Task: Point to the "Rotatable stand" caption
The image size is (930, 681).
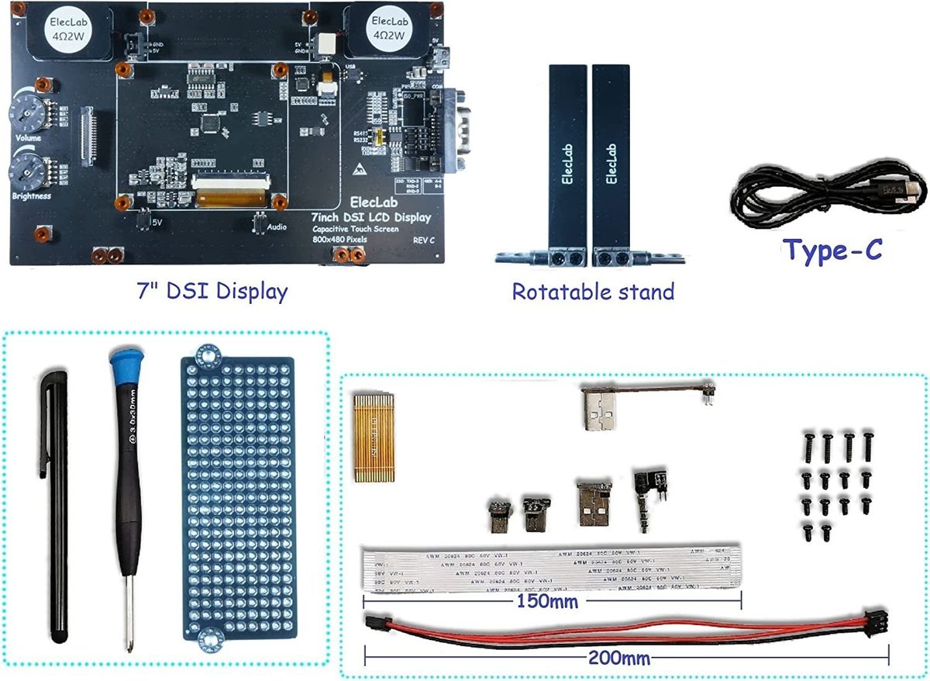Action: tap(593, 292)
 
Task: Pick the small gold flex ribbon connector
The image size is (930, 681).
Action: tap(374, 437)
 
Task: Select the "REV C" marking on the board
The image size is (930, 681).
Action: tap(423, 240)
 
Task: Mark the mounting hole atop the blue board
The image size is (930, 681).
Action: tap(207, 355)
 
